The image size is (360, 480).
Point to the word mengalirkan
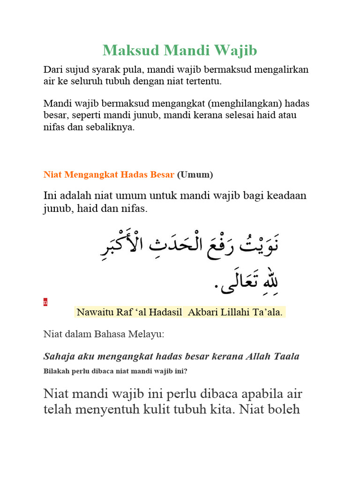(281, 70)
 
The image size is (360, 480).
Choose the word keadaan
(286, 195)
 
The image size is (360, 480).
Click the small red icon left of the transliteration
(45, 302)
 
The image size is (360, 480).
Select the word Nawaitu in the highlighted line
(94, 312)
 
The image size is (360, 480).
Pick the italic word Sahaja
(59, 356)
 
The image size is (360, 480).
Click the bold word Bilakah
(57, 371)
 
